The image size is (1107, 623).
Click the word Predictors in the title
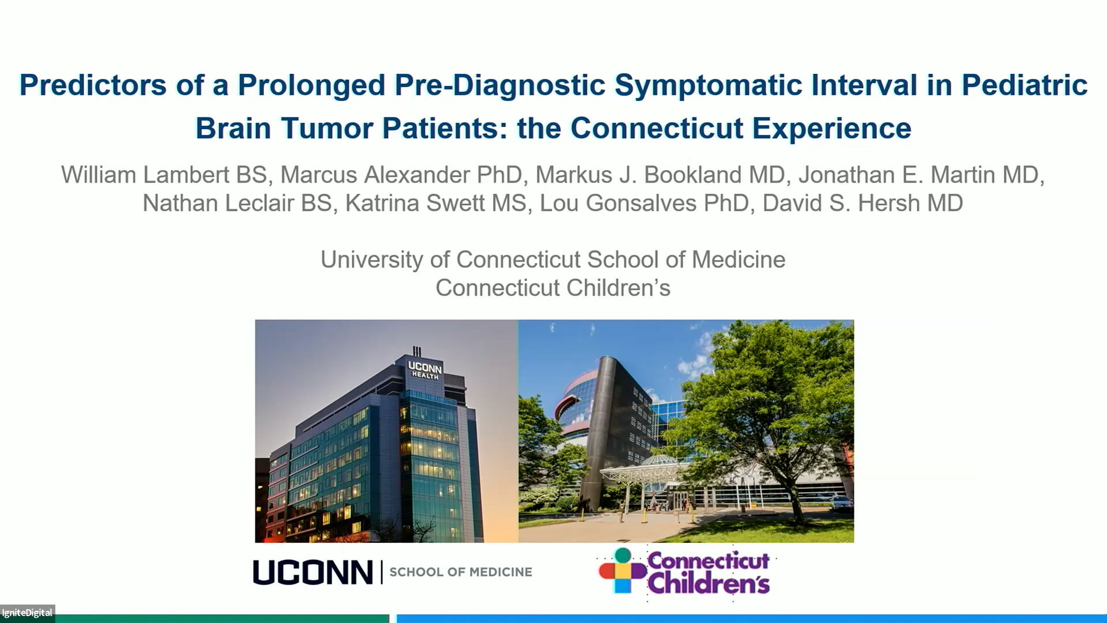coord(93,85)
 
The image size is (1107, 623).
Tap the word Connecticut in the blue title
coord(657,128)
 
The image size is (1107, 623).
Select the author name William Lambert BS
coord(164,175)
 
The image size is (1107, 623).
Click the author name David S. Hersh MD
coord(863,203)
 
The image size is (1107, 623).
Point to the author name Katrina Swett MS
coord(436,203)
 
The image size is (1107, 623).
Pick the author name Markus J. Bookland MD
coord(660,175)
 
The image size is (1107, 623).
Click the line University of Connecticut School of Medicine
coord(553,260)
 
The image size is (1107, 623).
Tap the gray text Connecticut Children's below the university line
coord(553,288)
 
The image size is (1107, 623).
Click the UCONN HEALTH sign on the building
coord(425,370)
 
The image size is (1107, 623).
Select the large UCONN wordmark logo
coord(312,572)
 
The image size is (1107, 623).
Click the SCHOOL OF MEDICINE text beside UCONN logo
coord(461,572)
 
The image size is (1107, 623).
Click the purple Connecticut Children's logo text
coord(709,572)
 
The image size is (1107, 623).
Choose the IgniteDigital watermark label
coord(27,613)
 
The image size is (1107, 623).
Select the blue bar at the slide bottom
coord(750,618)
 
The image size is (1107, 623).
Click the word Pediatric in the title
coord(1024,85)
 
